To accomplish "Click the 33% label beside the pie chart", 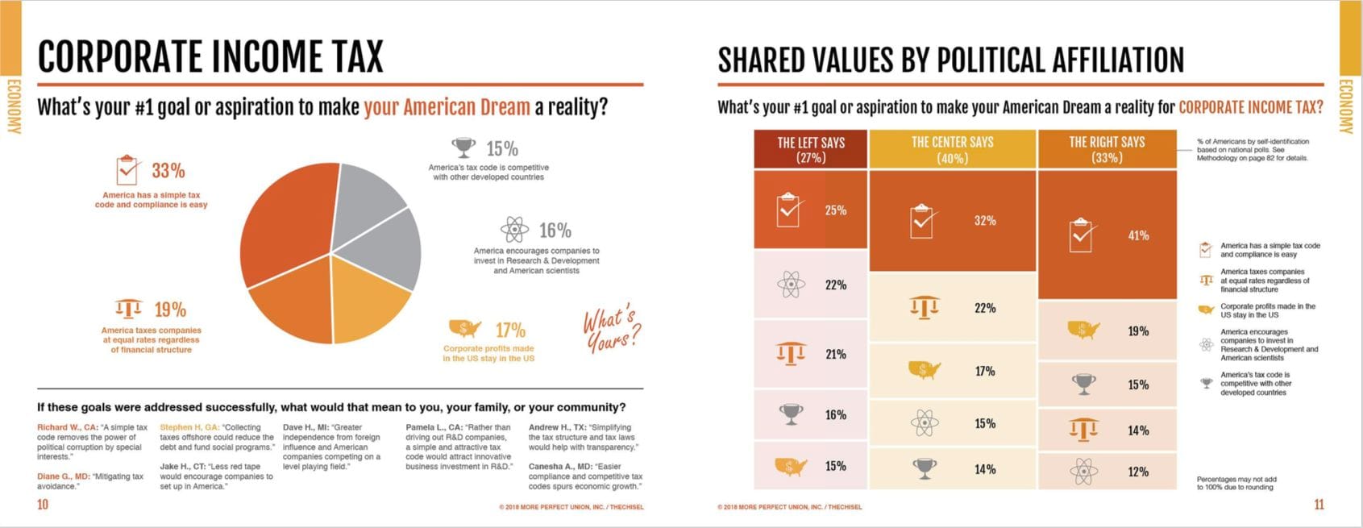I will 168,171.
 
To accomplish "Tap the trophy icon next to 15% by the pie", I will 463,148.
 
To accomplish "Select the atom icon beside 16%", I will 514,230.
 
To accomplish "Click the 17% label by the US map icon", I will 510,331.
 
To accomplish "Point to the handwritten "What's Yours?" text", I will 612,330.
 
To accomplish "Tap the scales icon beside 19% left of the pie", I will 128,310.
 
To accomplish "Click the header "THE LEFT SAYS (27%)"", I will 810,149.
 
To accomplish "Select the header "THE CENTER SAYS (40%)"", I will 952,149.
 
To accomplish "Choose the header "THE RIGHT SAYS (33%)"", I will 1107,149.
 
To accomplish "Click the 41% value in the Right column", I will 1138,236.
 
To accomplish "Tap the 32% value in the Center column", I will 985,221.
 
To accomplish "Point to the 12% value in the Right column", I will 1138,472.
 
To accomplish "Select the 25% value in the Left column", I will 836,210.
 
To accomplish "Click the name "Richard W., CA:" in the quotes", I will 68,427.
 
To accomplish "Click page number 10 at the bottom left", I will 43,505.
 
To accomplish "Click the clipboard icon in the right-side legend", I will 1206,250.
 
